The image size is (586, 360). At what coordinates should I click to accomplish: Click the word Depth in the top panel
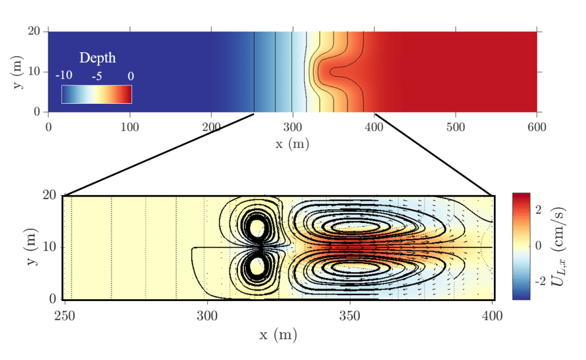pyautogui.click(x=97, y=58)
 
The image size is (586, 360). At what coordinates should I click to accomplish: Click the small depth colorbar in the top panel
pyautogui.click(x=97, y=94)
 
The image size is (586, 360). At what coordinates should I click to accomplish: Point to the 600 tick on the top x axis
pyautogui.click(x=537, y=126)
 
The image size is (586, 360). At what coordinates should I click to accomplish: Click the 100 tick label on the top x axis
pyautogui.click(x=129, y=126)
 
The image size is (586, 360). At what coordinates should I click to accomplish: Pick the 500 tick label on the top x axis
pyautogui.click(x=455, y=126)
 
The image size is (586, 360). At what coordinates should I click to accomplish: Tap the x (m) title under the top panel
pyautogui.click(x=292, y=143)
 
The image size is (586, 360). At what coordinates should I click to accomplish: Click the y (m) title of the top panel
pyautogui.click(x=17, y=72)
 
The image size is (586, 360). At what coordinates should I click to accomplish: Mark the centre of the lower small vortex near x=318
pyautogui.click(x=257, y=266)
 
